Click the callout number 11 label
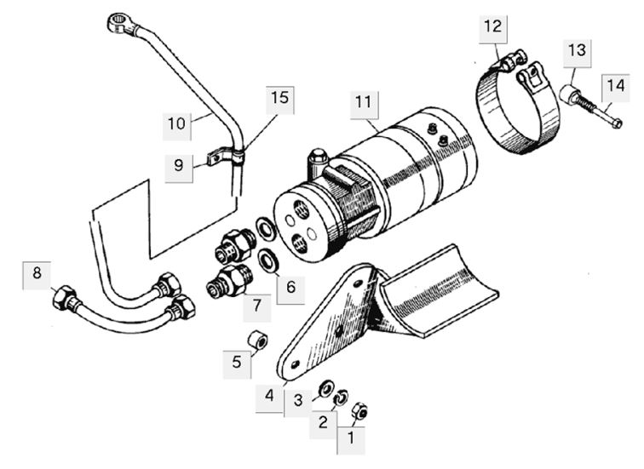pyautogui.click(x=364, y=104)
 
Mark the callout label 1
pyautogui.click(x=351, y=440)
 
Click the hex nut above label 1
pyautogui.click(x=360, y=410)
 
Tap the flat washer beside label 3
pyautogui.click(x=326, y=388)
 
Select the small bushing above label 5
pyautogui.click(x=257, y=340)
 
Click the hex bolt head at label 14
pyautogui.click(x=616, y=123)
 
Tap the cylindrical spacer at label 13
pyautogui.click(x=570, y=94)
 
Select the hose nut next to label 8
pyautogui.click(x=65, y=297)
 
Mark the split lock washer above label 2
pyautogui.click(x=341, y=397)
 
